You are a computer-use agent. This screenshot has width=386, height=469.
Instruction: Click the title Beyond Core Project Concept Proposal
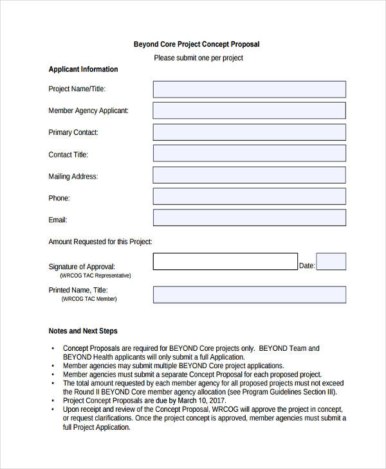pyautogui.click(x=196, y=44)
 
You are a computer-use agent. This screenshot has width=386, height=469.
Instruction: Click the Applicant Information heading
pyautogui.click(x=83, y=69)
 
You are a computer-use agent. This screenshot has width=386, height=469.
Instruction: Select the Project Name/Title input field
pyautogui.click(x=249, y=89)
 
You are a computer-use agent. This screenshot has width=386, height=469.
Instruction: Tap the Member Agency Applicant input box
pyautogui.click(x=249, y=111)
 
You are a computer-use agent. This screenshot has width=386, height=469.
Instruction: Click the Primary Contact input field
pyautogui.click(x=249, y=132)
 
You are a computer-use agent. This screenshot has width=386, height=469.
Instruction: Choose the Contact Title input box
pyautogui.click(x=249, y=154)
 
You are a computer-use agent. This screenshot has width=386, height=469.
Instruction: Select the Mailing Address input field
pyautogui.click(x=249, y=175)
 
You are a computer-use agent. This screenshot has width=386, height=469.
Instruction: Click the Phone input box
pyautogui.click(x=249, y=197)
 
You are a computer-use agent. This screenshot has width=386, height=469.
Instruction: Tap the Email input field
pyautogui.click(x=249, y=218)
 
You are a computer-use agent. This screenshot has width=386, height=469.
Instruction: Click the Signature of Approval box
pyautogui.click(x=225, y=261)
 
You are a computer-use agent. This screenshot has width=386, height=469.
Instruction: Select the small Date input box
pyautogui.click(x=331, y=261)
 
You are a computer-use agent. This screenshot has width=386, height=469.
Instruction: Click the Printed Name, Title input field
pyautogui.click(x=249, y=294)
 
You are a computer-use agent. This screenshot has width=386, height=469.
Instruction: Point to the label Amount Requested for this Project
pyautogui.click(x=100, y=242)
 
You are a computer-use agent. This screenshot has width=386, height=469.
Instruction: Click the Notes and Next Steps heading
pyautogui.click(x=83, y=332)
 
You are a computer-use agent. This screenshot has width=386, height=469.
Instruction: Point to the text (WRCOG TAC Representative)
pyautogui.click(x=95, y=276)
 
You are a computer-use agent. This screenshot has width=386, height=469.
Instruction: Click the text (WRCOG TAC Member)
pyautogui.click(x=89, y=299)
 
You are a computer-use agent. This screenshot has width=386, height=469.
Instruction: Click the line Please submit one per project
pyautogui.click(x=198, y=58)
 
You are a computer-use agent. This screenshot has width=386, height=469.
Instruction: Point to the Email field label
pyautogui.click(x=58, y=220)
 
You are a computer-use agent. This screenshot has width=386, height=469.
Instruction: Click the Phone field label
pyautogui.click(x=59, y=199)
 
